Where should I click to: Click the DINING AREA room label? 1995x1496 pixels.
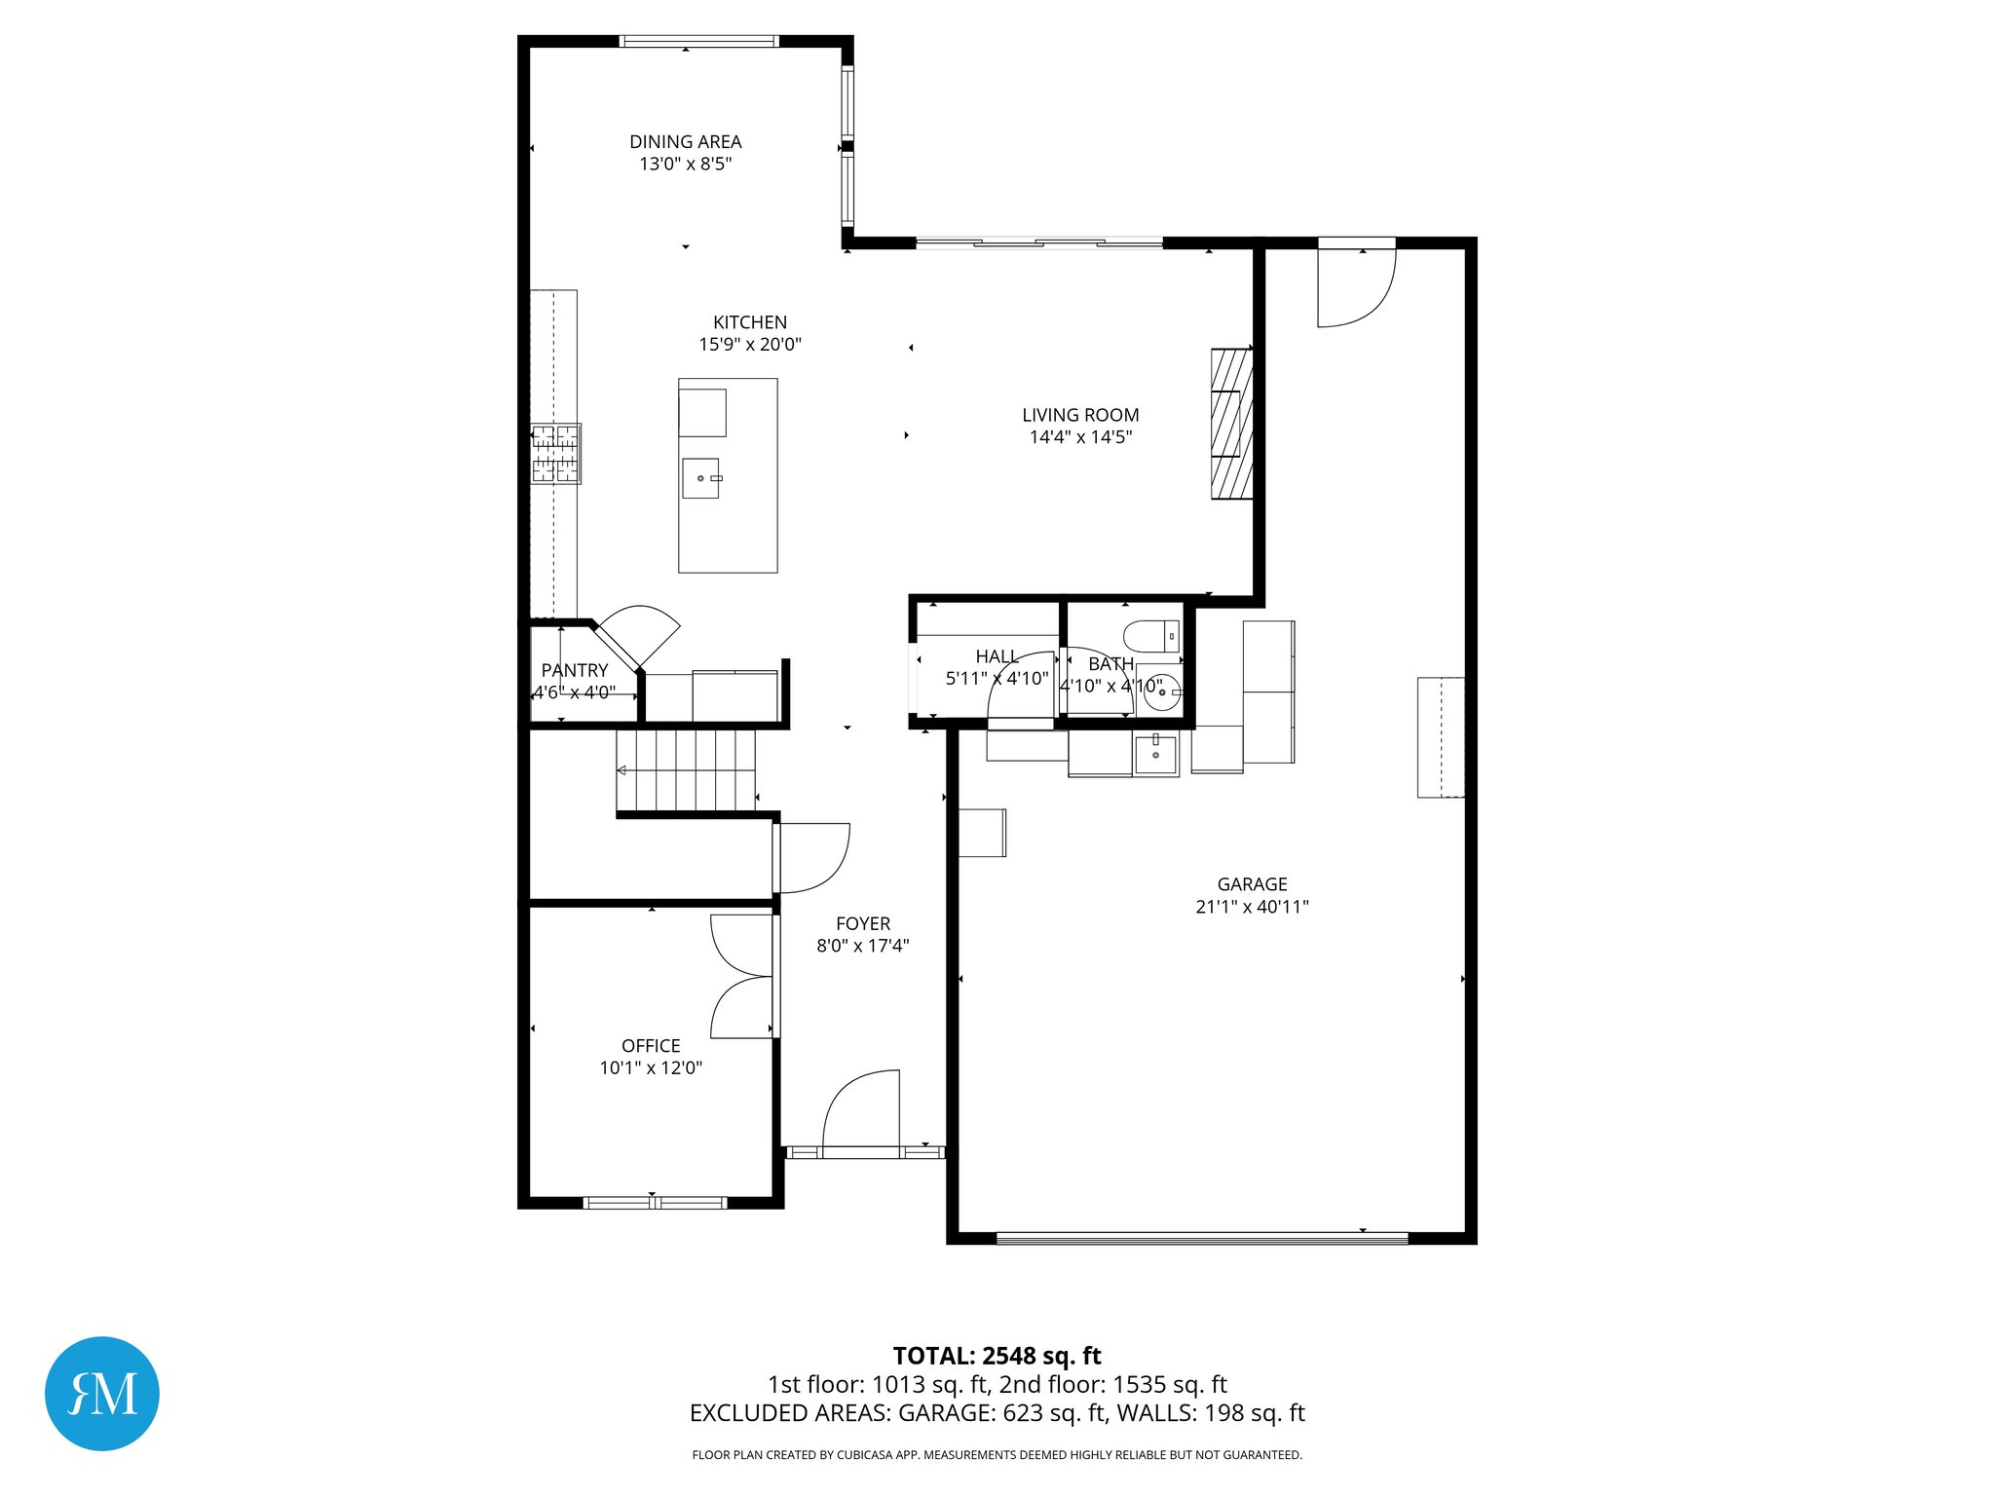[685, 142]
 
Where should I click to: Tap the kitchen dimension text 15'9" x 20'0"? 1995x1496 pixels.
[749, 345]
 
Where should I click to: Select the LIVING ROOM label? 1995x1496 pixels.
[1079, 415]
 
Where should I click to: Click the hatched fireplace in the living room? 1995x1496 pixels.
[1231, 424]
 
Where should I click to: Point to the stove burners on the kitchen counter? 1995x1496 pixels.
[555, 454]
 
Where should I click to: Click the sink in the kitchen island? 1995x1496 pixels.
[700, 478]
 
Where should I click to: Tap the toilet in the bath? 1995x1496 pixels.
[1150, 636]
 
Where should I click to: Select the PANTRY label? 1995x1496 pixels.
[574, 670]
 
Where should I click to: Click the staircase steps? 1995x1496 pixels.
[687, 769]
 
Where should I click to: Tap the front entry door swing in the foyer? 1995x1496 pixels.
[860, 1110]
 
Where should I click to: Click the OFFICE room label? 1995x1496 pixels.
[651, 1046]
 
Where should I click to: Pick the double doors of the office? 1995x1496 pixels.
[743, 976]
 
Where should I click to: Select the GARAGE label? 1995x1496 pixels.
[1252, 884]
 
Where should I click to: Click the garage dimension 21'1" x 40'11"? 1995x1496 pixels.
[1252, 907]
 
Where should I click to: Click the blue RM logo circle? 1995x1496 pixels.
[102, 1393]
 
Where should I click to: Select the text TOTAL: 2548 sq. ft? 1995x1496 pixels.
[997, 1356]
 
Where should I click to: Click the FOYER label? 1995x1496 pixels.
[862, 923]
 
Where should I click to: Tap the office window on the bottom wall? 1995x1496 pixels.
[655, 1203]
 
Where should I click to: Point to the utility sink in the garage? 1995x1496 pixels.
[1155, 755]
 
